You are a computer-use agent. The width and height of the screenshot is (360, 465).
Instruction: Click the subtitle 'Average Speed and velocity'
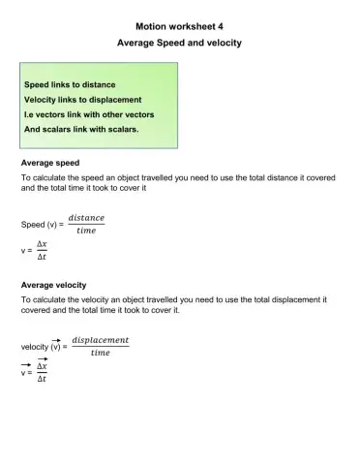pyautogui.click(x=179, y=44)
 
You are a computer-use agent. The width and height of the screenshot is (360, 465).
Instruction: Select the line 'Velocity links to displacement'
pyautogui.click(x=83, y=100)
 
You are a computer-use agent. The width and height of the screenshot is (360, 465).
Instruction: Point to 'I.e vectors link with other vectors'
pyautogui.click(x=89, y=114)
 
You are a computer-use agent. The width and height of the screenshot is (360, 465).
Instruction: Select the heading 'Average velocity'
pyautogui.click(x=54, y=286)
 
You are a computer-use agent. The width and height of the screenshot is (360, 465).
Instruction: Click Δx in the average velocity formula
pyautogui.click(x=42, y=367)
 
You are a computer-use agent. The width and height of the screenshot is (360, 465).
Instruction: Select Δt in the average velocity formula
pyautogui.click(x=42, y=380)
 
